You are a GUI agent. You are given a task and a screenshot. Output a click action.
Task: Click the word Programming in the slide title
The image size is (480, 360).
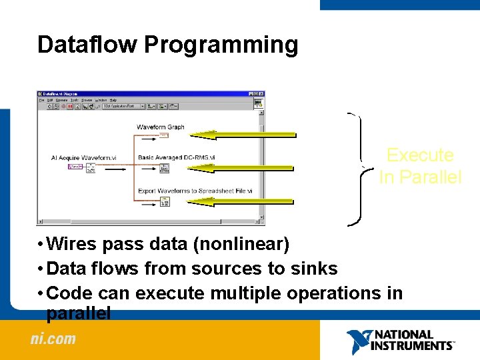click(221, 45)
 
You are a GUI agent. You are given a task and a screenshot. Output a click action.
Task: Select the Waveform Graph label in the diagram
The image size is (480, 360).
click(160, 127)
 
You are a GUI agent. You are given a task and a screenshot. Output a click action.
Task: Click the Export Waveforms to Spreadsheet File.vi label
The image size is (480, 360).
click(195, 191)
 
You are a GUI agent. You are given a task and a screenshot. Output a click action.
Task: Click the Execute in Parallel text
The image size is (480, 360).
click(420, 166)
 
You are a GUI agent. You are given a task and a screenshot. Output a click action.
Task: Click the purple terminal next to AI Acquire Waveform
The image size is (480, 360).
click(75, 167)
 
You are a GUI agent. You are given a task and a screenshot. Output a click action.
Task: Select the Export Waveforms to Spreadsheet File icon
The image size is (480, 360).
click(164, 201)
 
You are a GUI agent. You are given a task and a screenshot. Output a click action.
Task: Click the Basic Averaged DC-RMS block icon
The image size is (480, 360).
click(164, 167)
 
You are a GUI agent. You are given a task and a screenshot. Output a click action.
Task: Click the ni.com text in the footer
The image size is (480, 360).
click(53, 339)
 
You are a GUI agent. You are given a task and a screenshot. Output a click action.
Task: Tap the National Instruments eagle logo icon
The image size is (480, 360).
click(358, 341)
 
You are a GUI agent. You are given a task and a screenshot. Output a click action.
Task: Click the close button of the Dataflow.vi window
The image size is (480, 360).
click(262, 94)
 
